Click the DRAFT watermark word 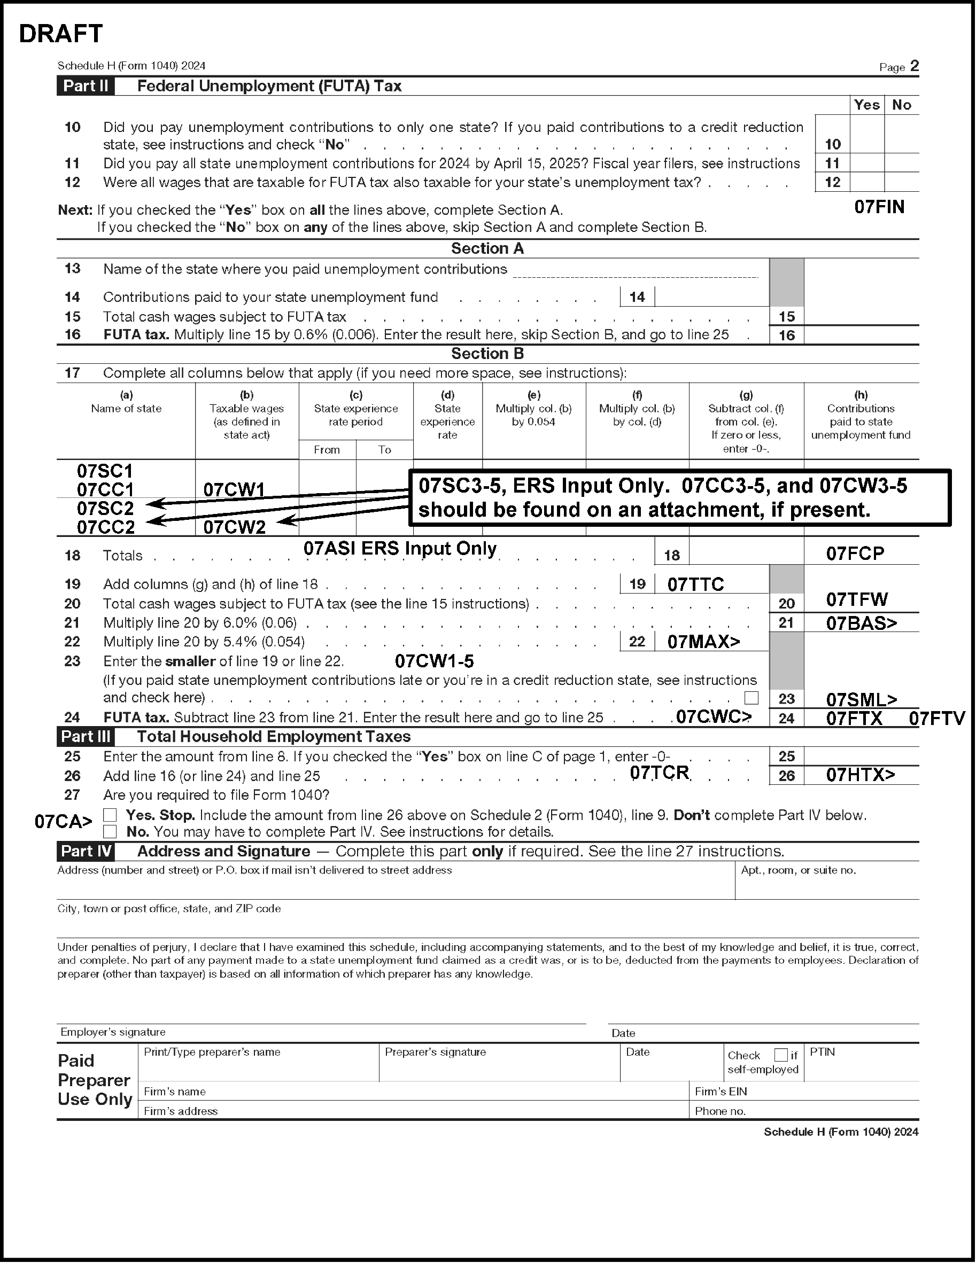pyautogui.click(x=61, y=34)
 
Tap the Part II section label pyautogui.click(x=86, y=86)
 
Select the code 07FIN pyautogui.click(x=879, y=207)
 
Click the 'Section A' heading pyautogui.click(x=487, y=248)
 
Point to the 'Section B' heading pyautogui.click(x=487, y=353)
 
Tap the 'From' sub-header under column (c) pyautogui.click(x=327, y=450)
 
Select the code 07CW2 pyautogui.click(x=234, y=527)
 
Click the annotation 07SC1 pyautogui.click(x=105, y=471)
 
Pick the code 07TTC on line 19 pyautogui.click(x=695, y=584)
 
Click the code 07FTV pyautogui.click(x=936, y=719)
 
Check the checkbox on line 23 pyautogui.click(x=751, y=698)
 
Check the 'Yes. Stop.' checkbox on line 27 pyautogui.click(x=110, y=815)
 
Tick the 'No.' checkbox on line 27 pyautogui.click(x=110, y=832)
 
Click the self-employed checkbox pyautogui.click(x=780, y=1055)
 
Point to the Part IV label pyautogui.click(x=86, y=851)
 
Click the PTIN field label pyautogui.click(x=822, y=1052)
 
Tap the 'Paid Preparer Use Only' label pyautogui.click(x=95, y=1080)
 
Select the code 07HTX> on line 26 pyautogui.click(x=861, y=775)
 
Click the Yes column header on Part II pyautogui.click(x=866, y=105)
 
